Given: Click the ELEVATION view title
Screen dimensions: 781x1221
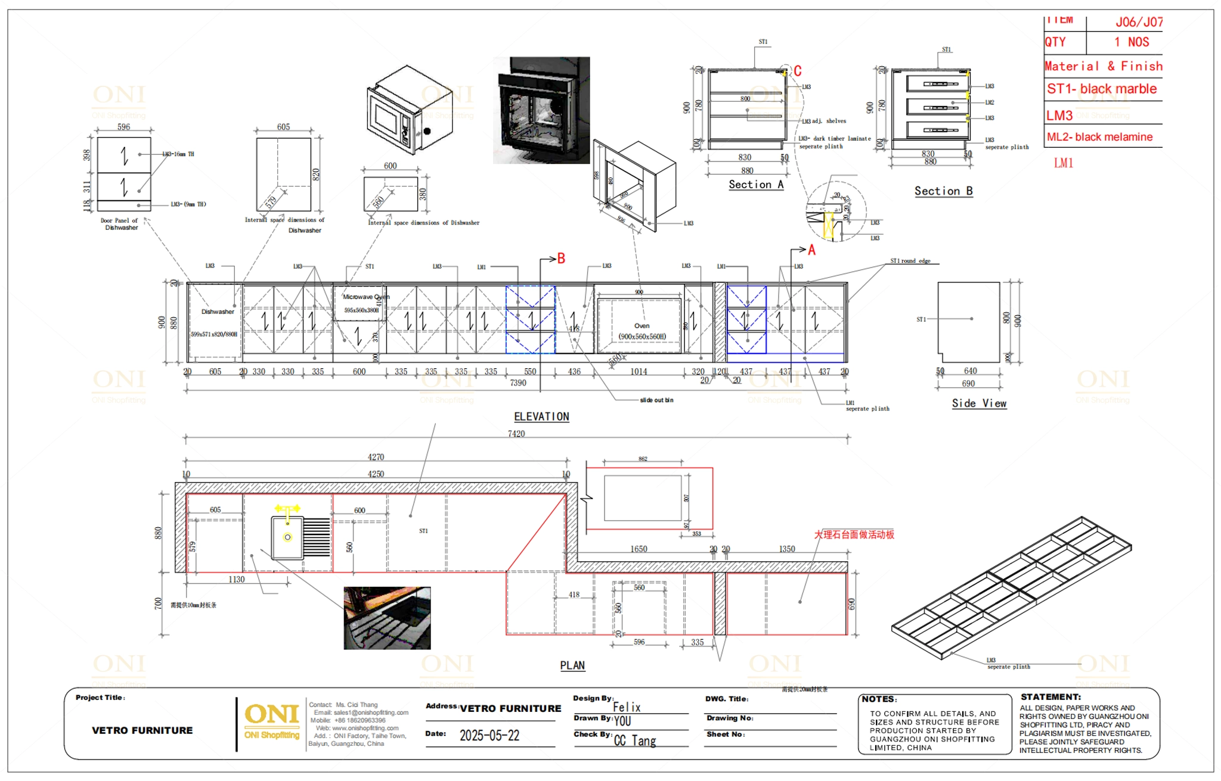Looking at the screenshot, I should (x=541, y=416).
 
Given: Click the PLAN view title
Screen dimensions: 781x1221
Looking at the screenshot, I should (x=572, y=665).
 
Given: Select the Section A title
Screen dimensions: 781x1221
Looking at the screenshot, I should (x=756, y=185).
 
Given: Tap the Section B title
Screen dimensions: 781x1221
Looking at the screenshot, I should (x=943, y=191).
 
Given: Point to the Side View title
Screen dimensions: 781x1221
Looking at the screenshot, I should (x=979, y=403).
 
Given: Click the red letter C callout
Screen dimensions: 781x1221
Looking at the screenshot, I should (x=798, y=71).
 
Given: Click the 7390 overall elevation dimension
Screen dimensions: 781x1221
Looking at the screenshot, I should (x=517, y=383).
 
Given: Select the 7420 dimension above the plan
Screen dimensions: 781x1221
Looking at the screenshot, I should (x=516, y=434).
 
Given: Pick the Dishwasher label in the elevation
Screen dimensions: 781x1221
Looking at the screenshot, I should (x=218, y=312).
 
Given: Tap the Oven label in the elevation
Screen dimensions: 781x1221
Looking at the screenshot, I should (x=642, y=326).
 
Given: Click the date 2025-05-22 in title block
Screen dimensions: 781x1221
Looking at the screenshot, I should (x=489, y=736).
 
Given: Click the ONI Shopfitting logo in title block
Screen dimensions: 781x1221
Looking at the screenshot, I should (x=272, y=721).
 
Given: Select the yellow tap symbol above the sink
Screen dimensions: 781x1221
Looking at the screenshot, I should (x=287, y=509).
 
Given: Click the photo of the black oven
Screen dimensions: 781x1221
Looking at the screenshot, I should (x=541, y=110).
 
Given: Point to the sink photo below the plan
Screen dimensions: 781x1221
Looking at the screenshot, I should (x=387, y=618).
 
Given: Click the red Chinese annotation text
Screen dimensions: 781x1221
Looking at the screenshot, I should (x=854, y=534).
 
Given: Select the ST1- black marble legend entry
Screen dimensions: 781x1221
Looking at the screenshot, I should (x=1101, y=89).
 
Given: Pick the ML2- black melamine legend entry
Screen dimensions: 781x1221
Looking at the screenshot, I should (x=1099, y=137).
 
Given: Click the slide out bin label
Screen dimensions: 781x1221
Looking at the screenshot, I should (x=656, y=400).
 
